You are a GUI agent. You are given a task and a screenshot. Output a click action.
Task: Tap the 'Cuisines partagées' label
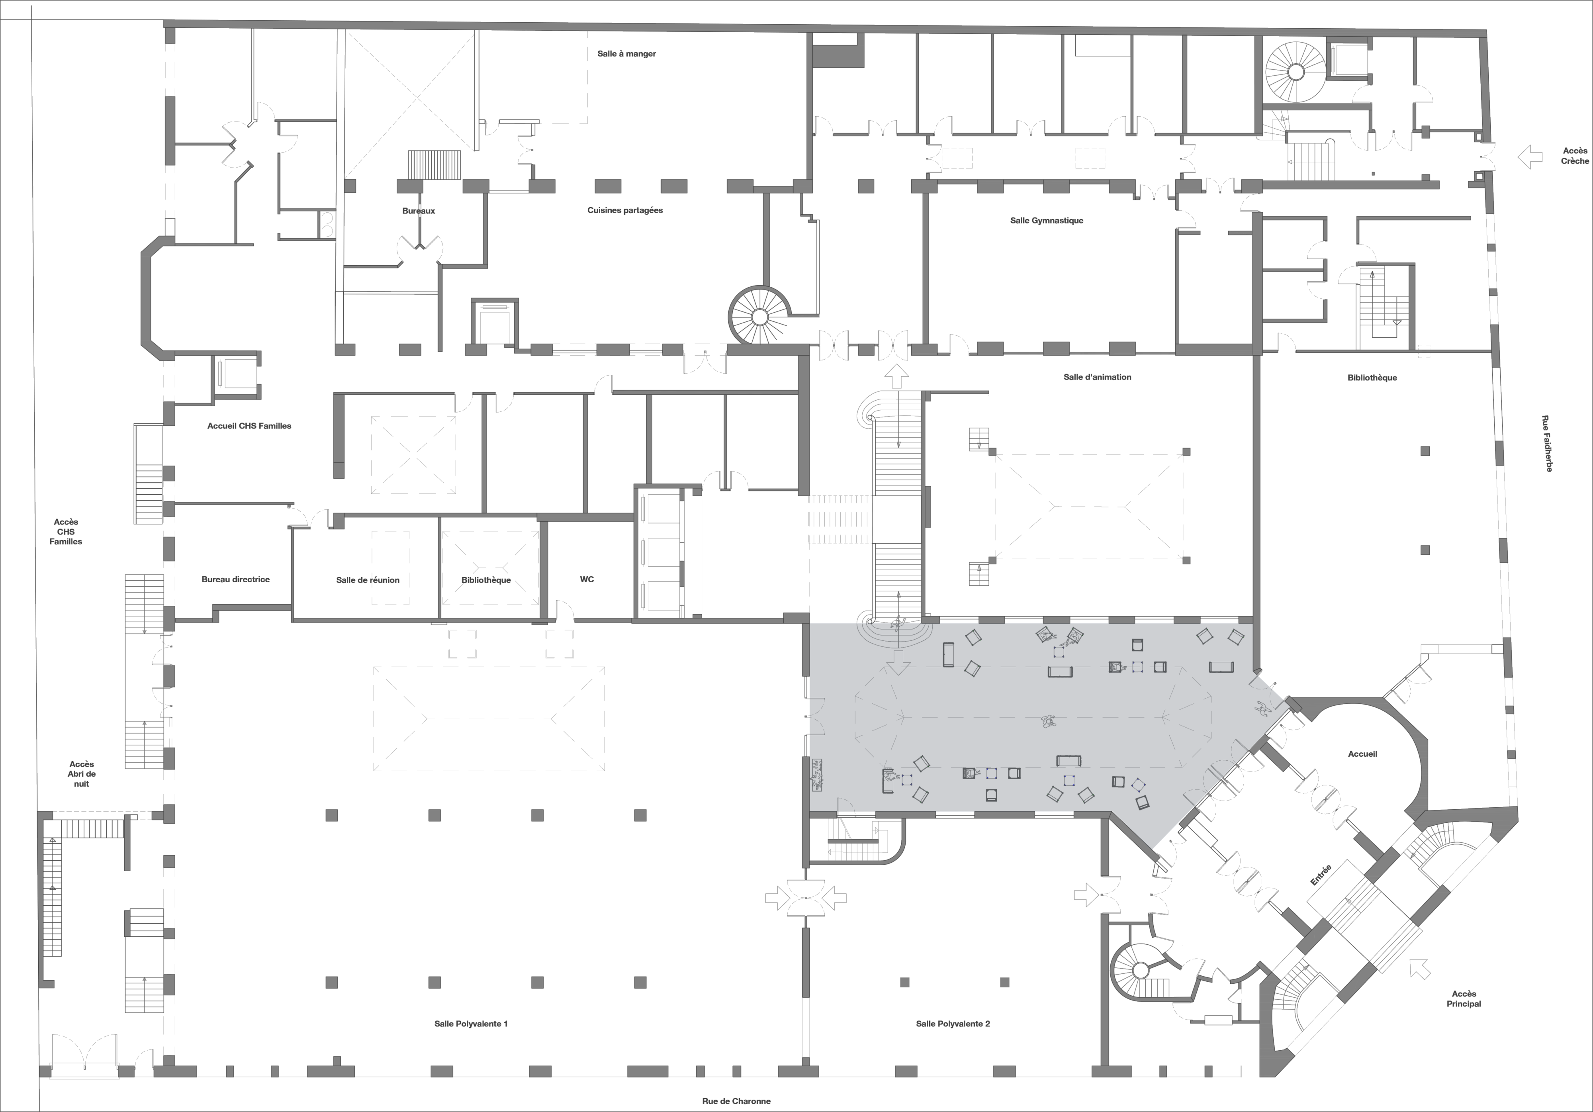(x=625, y=210)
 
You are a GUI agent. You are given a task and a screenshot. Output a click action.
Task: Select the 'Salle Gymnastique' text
(x=1046, y=221)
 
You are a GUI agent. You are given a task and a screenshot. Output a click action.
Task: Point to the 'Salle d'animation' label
(x=1097, y=378)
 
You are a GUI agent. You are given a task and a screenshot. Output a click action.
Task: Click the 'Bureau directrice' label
(x=236, y=579)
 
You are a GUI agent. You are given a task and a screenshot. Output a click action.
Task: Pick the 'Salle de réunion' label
(x=368, y=580)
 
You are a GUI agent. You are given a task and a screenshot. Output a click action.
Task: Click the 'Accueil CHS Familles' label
(x=249, y=426)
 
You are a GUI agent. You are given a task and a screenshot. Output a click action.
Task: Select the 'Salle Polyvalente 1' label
(x=471, y=1024)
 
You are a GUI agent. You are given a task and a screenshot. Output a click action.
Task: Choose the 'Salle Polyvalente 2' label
(x=953, y=1024)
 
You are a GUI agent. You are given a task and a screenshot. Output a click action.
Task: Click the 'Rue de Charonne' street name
(x=736, y=1101)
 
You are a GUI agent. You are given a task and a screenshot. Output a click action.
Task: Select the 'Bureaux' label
(x=419, y=211)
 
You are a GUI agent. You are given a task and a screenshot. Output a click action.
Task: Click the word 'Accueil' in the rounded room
(x=1363, y=754)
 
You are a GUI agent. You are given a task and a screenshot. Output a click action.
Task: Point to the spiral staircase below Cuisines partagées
(x=759, y=316)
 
